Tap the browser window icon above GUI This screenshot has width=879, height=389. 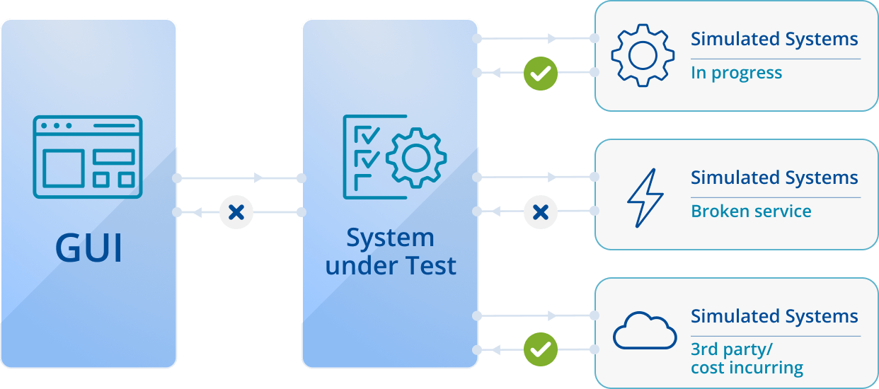88,156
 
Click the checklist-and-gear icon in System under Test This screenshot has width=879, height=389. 394,156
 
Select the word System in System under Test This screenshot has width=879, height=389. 390,238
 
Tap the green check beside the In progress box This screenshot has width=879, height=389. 541,73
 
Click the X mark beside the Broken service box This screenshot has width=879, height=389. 541,211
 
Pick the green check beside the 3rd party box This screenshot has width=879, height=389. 541,349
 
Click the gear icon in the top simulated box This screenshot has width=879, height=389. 642,56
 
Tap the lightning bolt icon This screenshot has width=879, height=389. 645,197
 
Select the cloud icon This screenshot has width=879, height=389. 644,332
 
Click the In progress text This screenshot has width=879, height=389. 736,73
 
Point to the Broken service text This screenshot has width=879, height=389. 751,211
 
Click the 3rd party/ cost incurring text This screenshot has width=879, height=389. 747,359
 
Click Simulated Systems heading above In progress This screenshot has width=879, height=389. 774,39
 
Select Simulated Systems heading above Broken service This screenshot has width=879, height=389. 774,178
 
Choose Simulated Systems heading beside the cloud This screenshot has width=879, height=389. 774,316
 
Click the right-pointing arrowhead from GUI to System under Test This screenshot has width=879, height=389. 259,178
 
